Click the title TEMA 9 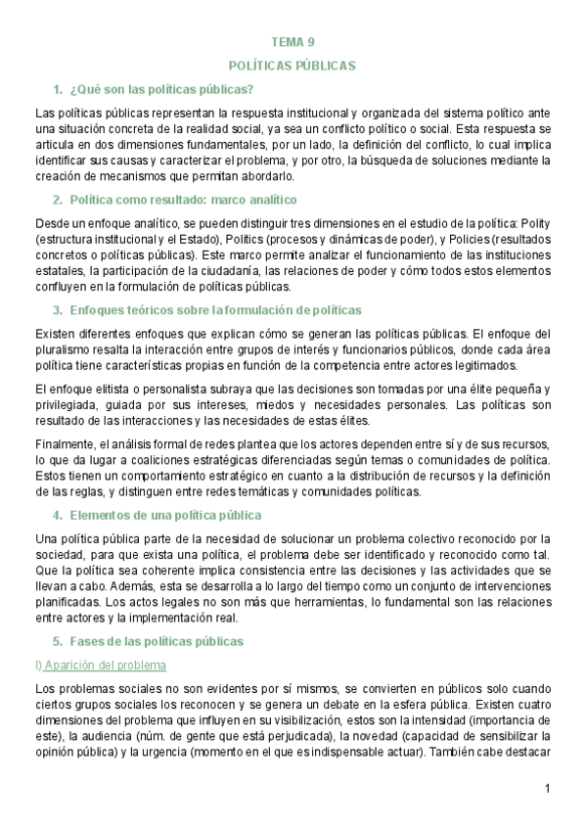coord(293,41)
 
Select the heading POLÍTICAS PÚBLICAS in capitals coord(293,65)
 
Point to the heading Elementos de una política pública coord(165,514)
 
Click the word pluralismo coord(61,350)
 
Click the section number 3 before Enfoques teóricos coord(58,310)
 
